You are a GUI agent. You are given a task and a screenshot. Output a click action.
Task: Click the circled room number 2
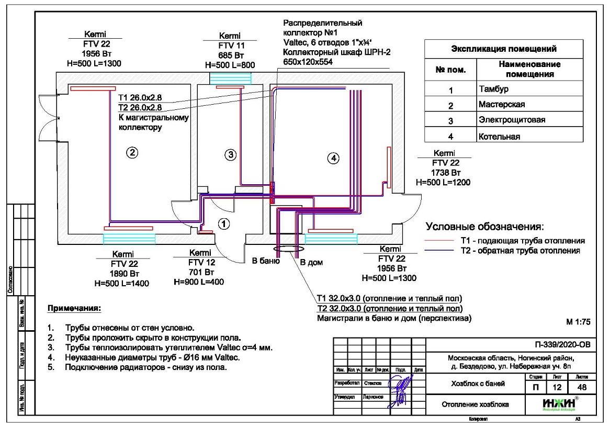(x=132, y=153)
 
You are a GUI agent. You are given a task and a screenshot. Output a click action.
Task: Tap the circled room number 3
(x=231, y=154)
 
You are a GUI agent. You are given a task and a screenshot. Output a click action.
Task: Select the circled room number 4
(x=333, y=158)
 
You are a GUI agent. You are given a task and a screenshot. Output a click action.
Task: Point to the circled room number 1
(x=224, y=224)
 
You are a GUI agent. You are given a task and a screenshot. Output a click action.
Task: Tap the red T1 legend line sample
(x=438, y=240)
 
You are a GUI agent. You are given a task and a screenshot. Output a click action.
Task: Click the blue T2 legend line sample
(x=438, y=251)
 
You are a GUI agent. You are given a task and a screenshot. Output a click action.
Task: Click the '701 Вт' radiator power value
(x=201, y=273)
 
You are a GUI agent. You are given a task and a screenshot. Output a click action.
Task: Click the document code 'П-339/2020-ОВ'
(x=562, y=345)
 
